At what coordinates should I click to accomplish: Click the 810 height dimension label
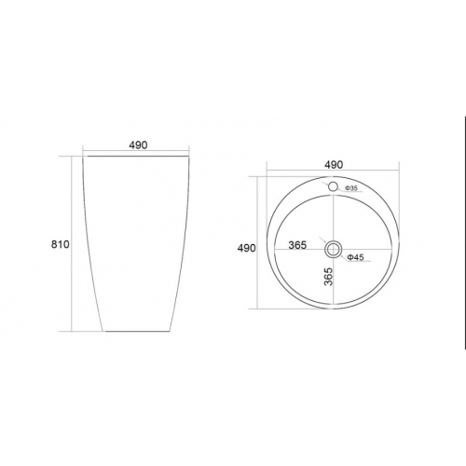[61, 244]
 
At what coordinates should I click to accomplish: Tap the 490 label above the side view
[138, 145]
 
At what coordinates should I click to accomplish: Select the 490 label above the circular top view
[334, 165]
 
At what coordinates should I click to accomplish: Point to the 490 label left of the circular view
[247, 248]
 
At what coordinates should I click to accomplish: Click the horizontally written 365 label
[297, 245]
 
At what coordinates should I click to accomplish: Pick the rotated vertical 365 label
[328, 277]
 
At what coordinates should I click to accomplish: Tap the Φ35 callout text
[351, 188]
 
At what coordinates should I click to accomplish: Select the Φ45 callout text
[355, 257]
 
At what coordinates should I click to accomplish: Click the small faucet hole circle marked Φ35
[333, 186]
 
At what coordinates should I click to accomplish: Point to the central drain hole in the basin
[333, 250]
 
